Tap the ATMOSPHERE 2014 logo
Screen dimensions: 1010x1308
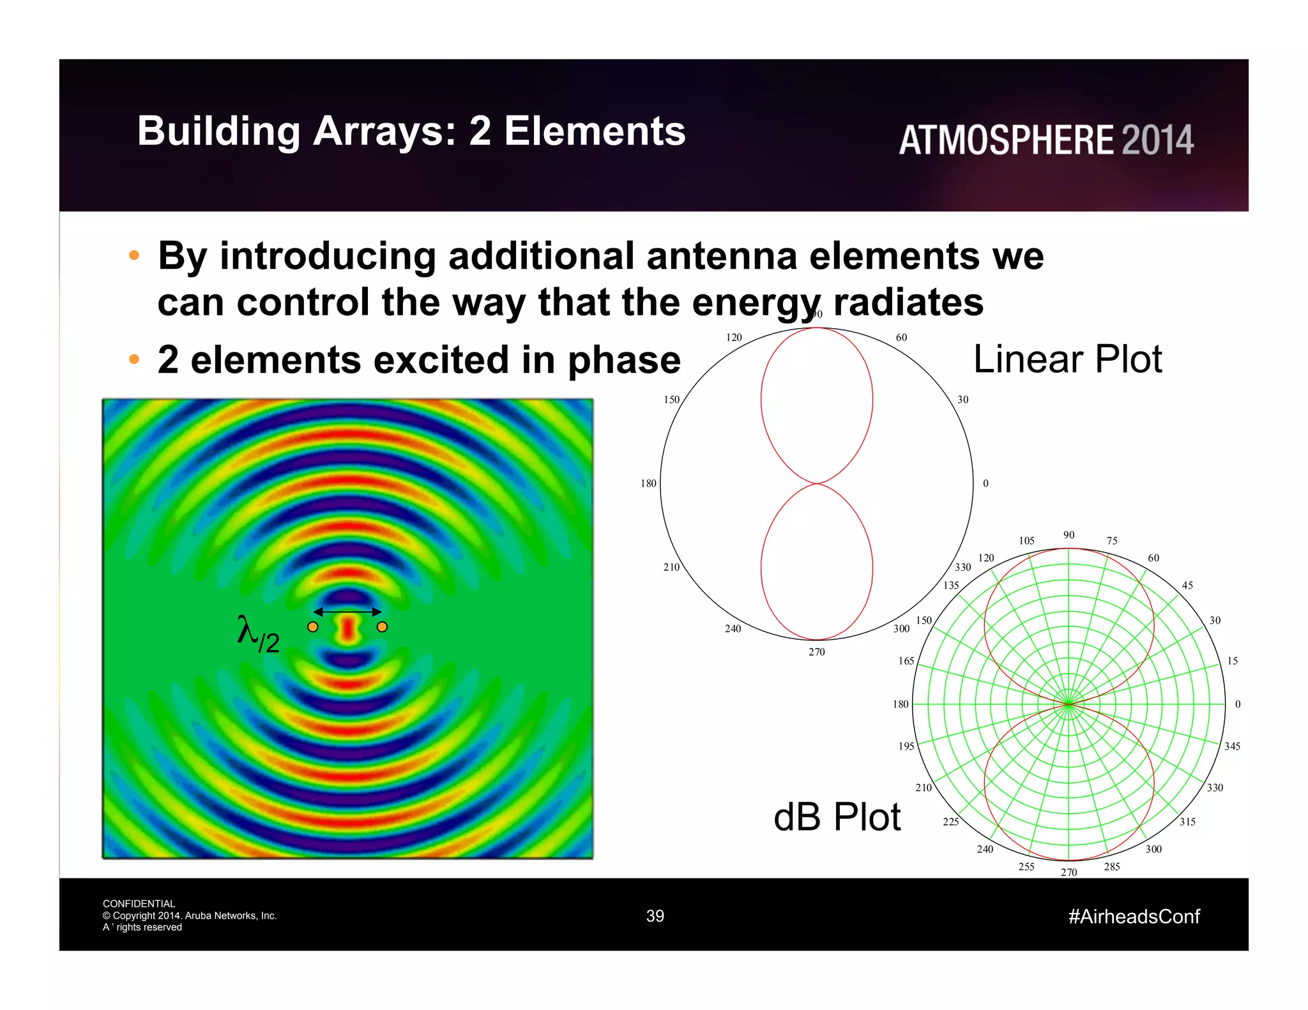(1046, 140)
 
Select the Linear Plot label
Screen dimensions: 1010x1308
(1067, 359)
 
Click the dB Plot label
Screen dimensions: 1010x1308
(836, 817)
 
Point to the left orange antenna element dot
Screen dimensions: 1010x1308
(313, 627)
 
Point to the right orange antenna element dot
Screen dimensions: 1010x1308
(382, 627)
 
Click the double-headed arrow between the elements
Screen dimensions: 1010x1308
(347, 612)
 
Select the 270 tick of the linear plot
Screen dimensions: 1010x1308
(816, 652)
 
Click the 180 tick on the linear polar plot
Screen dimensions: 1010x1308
(648, 483)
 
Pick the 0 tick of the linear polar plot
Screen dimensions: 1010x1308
(985, 483)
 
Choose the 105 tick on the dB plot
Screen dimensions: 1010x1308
(1026, 541)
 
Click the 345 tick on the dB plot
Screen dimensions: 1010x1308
(1232, 746)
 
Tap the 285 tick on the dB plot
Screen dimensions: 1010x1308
(1111, 866)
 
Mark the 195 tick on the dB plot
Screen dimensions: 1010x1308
(906, 746)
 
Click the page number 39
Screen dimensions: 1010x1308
(655, 916)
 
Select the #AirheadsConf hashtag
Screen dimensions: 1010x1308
(1134, 917)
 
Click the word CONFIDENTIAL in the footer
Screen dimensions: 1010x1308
(139, 903)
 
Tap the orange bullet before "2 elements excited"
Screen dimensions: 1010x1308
(134, 359)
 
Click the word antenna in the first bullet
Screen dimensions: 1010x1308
(721, 256)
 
